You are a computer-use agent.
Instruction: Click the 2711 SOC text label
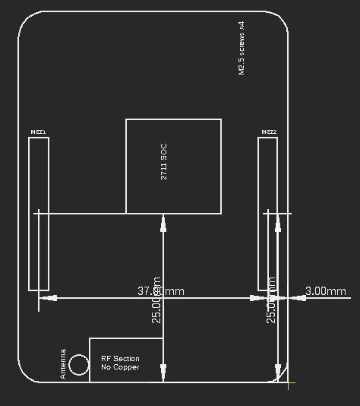(163, 166)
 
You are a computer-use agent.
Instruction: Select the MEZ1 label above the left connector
(38, 132)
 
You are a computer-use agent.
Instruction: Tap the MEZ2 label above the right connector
(269, 132)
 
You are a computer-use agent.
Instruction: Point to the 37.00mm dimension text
(160, 291)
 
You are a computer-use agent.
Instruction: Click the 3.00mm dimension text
(326, 291)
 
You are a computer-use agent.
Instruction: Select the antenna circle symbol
(79, 367)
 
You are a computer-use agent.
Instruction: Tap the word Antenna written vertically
(63, 363)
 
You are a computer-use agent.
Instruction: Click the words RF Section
(120, 358)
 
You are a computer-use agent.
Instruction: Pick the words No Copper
(120, 368)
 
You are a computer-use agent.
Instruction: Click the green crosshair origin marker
(289, 384)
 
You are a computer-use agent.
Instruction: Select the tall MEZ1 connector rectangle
(39, 214)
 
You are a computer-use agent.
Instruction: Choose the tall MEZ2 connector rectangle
(267, 214)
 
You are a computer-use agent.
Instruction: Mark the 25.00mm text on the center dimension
(156, 300)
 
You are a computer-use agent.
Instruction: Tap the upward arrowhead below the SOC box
(163, 221)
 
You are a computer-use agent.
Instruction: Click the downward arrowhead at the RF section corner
(163, 374)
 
